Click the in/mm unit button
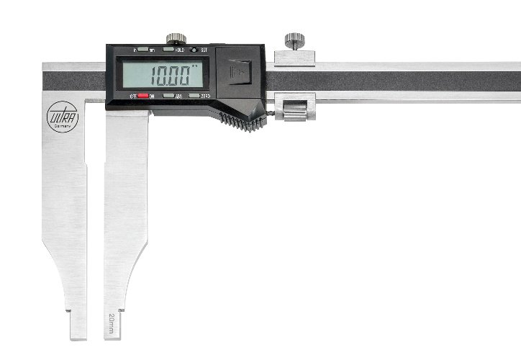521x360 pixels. click(x=143, y=50)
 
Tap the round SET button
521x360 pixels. click(x=194, y=50)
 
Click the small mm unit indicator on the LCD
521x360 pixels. click(x=195, y=65)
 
